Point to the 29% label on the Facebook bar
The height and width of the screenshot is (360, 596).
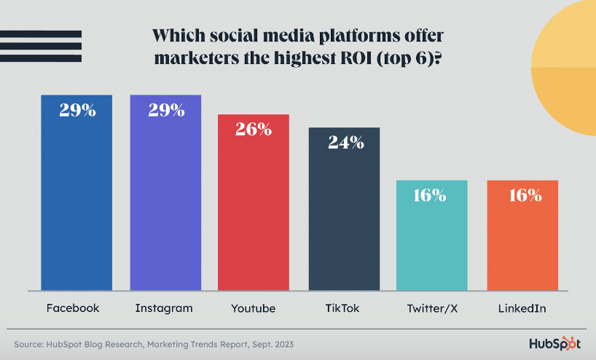coord(77,111)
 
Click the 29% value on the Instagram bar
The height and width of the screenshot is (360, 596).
coord(165,111)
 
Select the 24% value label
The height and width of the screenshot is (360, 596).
coord(344,142)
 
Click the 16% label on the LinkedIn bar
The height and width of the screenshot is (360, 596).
coord(522,195)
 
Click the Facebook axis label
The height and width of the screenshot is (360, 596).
coord(73,308)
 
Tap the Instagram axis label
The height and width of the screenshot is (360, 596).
coord(164,308)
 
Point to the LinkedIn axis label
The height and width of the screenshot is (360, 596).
coord(522,308)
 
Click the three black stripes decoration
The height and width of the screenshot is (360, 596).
coord(41,46)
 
